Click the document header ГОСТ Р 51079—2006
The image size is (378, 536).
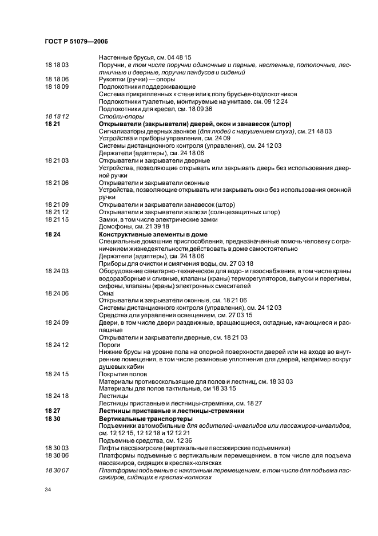point(76,41)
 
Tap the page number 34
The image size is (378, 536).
point(48,490)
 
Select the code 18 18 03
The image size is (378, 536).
point(57,65)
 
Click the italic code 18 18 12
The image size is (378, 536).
point(57,116)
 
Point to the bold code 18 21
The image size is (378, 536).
point(52,124)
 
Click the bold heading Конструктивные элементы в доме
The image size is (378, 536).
point(153,234)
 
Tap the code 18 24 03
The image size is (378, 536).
point(57,271)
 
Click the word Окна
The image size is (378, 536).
point(106,293)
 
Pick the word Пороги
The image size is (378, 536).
point(110,345)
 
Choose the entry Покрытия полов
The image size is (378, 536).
point(122,374)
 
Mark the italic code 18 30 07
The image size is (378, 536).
point(57,470)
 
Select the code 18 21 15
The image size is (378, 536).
point(57,219)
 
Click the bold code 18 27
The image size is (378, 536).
point(52,411)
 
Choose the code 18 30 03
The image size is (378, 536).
point(57,448)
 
